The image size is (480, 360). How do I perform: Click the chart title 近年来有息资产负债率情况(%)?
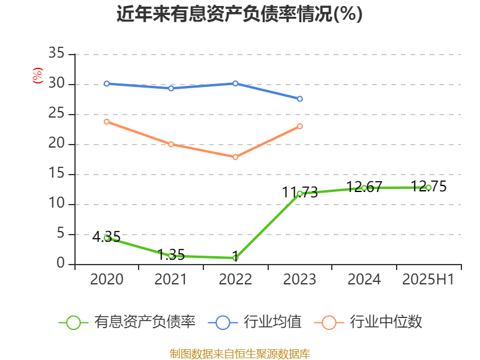click(x=239, y=14)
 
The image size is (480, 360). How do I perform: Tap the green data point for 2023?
click(x=300, y=193)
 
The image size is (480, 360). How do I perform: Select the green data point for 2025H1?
click(x=428, y=187)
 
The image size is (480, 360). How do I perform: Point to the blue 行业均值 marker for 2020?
click(x=107, y=83)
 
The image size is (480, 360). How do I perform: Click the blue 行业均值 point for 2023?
click(x=300, y=98)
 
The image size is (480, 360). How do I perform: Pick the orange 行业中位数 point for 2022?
click(x=235, y=157)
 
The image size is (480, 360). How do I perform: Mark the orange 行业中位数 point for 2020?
click(x=107, y=122)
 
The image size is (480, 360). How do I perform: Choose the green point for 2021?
click(x=171, y=256)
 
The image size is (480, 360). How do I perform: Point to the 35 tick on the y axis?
click(x=56, y=54)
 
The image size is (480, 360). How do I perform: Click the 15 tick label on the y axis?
click(x=56, y=174)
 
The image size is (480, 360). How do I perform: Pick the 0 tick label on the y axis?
click(x=61, y=264)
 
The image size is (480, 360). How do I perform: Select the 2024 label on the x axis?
click(x=364, y=280)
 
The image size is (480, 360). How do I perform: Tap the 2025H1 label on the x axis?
click(x=428, y=280)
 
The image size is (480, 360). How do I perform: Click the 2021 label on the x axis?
click(x=171, y=280)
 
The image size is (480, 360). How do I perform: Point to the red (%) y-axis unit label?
click(x=37, y=76)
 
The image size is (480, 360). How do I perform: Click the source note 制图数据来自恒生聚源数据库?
click(x=239, y=353)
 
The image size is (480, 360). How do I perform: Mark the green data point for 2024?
click(x=364, y=188)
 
